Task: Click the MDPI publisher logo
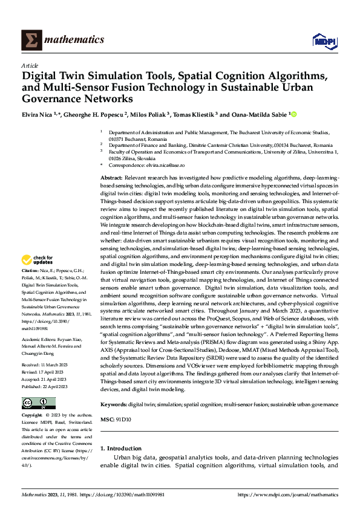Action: [324, 41]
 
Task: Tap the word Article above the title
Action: [30, 65]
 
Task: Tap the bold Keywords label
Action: [113, 403]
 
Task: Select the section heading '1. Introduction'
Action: [120, 448]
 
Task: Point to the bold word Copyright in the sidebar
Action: [32, 415]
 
